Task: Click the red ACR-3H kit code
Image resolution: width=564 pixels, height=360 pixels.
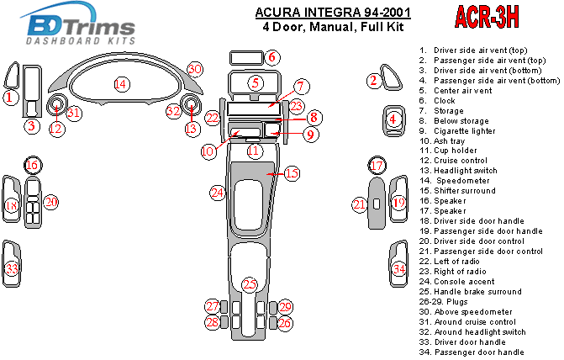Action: (x=488, y=16)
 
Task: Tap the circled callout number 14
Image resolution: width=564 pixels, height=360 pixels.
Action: (x=121, y=83)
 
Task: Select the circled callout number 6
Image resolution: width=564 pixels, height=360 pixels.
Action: (x=273, y=57)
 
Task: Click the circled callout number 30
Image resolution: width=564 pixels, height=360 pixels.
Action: (x=195, y=69)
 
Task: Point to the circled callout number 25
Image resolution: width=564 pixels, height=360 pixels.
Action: (x=250, y=284)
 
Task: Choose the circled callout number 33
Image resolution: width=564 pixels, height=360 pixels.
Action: (x=12, y=269)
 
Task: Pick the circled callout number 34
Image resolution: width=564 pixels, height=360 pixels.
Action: (x=399, y=269)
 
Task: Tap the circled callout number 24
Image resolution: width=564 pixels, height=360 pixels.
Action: (x=218, y=193)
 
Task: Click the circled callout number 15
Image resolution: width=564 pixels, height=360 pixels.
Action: (x=291, y=174)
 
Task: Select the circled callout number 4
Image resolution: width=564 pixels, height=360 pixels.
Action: (x=393, y=120)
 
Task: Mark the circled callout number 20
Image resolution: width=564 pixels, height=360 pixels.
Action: (x=50, y=202)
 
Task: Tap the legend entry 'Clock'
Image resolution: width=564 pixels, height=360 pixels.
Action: (x=445, y=100)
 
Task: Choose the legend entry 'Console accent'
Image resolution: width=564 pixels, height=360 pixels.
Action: (x=467, y=282)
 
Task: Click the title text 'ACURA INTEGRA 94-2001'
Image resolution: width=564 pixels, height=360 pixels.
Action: (x=298, y=13)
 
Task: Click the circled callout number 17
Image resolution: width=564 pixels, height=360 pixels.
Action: (x=378, y=165)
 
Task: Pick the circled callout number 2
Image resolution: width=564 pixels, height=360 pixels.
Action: (x=373, y=81)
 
